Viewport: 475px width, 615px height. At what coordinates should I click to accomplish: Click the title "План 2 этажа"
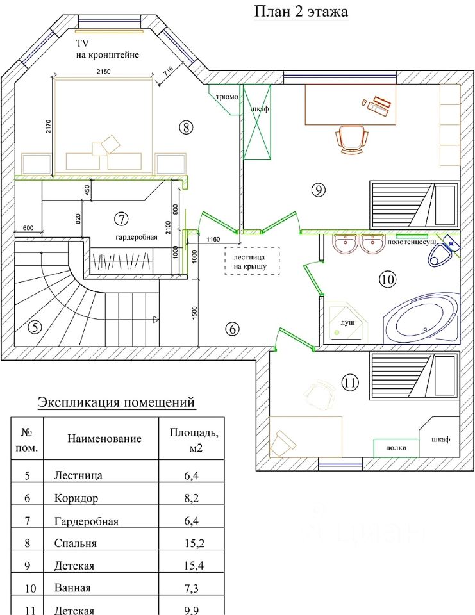point(301,12)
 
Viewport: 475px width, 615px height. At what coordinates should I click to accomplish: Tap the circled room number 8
point(186,127)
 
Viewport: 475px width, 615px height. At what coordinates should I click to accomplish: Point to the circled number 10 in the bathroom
point(387,279)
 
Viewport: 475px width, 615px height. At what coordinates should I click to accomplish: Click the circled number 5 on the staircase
point(35,327)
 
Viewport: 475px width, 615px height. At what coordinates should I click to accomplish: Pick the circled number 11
point(349,383)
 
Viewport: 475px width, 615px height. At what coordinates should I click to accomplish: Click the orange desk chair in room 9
point(352,139)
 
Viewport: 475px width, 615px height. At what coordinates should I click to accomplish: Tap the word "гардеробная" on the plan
point(137,237)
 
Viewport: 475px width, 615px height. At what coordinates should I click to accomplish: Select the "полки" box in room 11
point(396,448)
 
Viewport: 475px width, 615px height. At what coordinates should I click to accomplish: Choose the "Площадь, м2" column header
point(193,439)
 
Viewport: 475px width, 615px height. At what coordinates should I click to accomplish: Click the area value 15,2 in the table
point(194,543)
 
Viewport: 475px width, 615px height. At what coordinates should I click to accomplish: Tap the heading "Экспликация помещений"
point(116,402)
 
